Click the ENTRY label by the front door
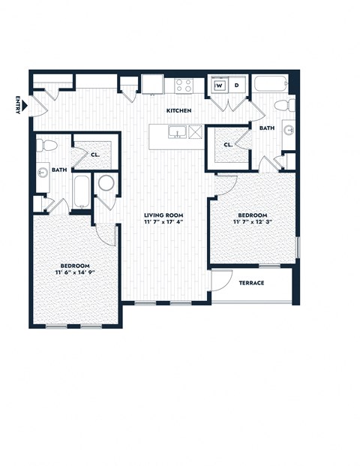click(x=16, y=105)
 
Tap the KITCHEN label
click(x=178, y=111)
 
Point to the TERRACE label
click(x=250, y=283)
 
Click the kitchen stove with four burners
click(x=184, y=85)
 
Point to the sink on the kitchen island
click(x=177, y=133)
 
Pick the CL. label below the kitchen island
click(x=227, y=144)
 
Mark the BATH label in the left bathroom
click(x=59, y=170)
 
